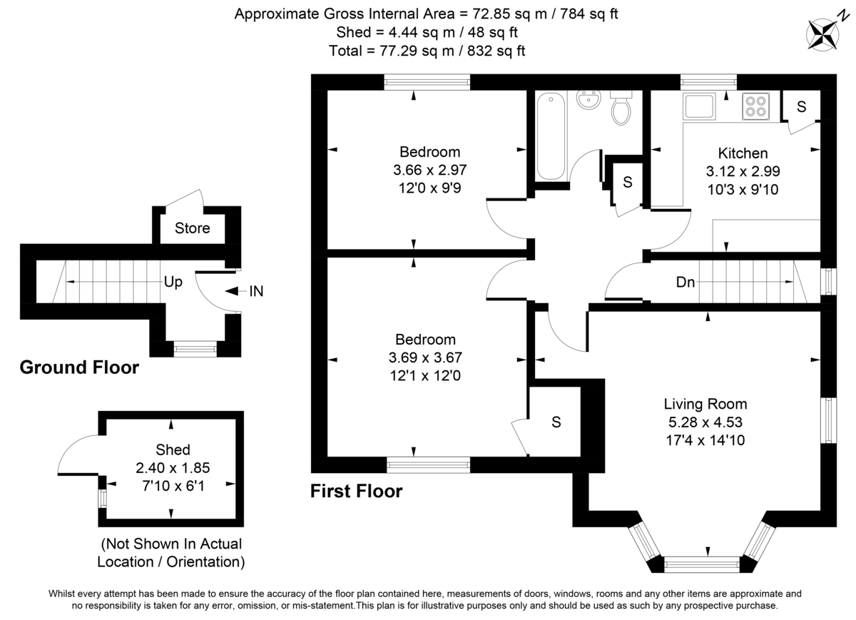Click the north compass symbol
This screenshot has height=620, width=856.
tap(825, 33)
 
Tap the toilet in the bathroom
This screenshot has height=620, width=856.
tap(621, 108)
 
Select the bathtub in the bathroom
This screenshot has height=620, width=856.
tap(550, 136)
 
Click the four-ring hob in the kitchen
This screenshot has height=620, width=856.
tap(755, 106)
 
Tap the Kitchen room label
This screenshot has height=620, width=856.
tap(743, 153)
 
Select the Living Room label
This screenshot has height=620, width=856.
tap(705, 404)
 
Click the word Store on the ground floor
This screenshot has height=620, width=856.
tap(193, 228)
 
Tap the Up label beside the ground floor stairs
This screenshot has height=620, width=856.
tap(173, 282)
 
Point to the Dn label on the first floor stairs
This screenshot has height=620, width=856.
tap(686, 282)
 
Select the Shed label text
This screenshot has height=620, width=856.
tap(173, 449)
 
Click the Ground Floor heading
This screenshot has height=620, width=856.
tap(78, 367)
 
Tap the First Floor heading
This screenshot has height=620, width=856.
tap(356, 491)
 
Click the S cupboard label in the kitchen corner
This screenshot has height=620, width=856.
tap(801, 107)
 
